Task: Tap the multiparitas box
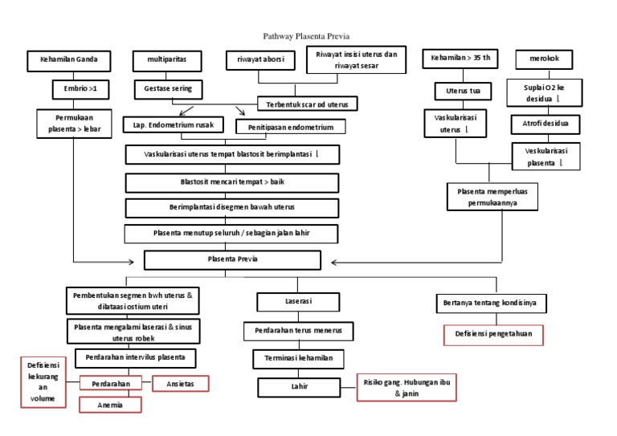[167, 60]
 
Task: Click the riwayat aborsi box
[259, 60]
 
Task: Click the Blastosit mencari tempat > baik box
[232, 182]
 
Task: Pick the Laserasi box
[289, 302]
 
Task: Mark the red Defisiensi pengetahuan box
[493, 333]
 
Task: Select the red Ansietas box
[181, 383]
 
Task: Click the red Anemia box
[110, 405]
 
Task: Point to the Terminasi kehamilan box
[299, 358]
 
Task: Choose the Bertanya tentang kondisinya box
[490, 303]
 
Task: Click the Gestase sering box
[168, 88]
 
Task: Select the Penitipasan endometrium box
[290, 127]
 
